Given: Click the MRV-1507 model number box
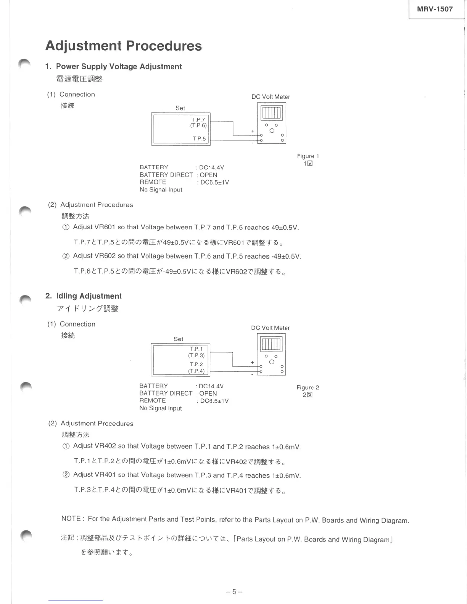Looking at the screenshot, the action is (435, 9).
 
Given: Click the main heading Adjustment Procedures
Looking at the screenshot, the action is (123, 46).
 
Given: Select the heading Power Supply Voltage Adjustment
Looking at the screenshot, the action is (119, 66).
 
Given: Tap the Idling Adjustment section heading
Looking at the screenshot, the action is (89, 296).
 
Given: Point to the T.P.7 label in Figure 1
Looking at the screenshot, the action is (198, 119).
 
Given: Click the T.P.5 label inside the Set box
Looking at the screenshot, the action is (199, 138).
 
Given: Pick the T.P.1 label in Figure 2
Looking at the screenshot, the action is (196, 349).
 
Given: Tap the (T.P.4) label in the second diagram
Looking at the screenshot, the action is (196, 371).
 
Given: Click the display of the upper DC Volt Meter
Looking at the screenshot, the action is (271, 112).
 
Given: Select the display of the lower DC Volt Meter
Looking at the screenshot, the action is (271, 344).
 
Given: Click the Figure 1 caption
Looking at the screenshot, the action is (308, 156).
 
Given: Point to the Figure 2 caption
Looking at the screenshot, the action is (308, 387).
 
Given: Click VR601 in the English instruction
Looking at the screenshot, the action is (105, 227).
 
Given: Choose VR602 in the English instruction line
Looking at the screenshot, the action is (105, 256).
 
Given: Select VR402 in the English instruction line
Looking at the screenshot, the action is (105, 446).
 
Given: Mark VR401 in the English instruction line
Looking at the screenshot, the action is (105, 475).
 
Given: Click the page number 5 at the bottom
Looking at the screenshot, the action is (234, 592).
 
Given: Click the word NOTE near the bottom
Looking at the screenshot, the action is (71, 519).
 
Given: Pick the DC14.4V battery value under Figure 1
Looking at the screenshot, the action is (211, 167).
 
